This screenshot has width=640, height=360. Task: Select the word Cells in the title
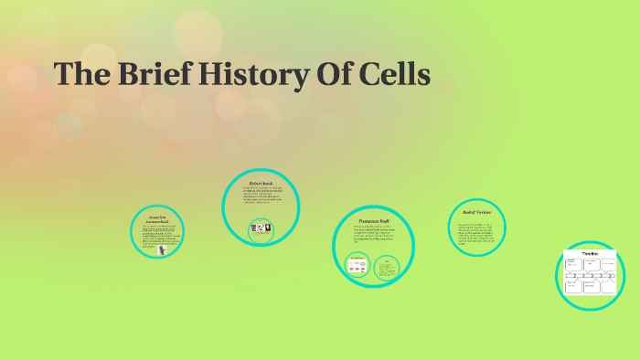(x=391, y=74)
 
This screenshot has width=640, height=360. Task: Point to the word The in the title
(x=79, y=74)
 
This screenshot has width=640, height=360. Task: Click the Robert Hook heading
(x=261, y=183)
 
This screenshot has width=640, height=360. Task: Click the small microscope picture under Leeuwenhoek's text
(x=161, y=248)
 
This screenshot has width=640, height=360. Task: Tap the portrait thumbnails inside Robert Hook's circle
(x=261, y=228)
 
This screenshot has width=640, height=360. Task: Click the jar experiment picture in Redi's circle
(x=357, y=267)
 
